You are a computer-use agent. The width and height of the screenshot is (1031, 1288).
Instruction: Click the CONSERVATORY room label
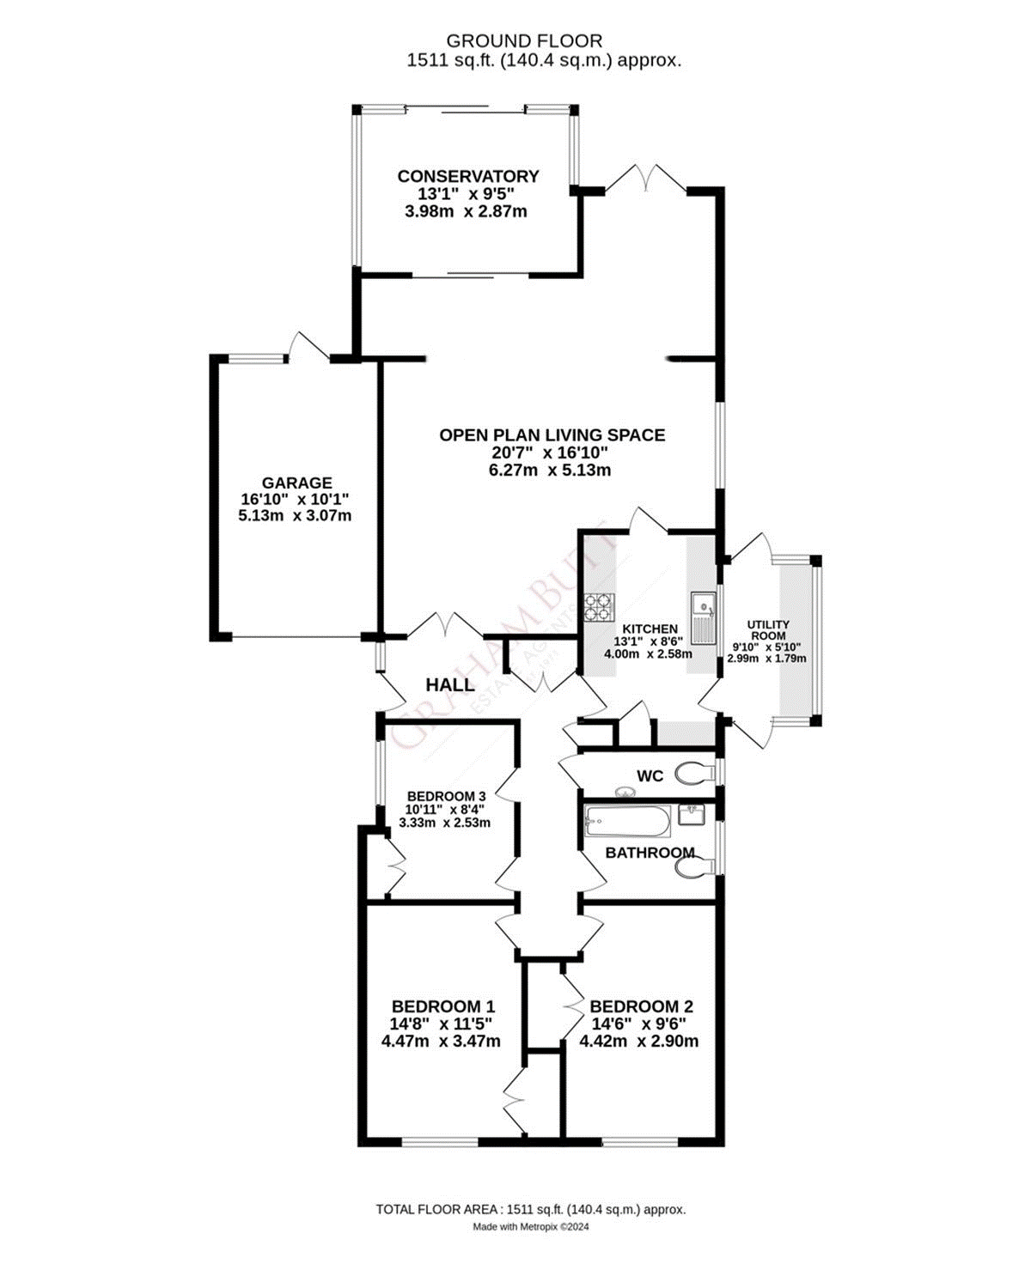click(467, 176)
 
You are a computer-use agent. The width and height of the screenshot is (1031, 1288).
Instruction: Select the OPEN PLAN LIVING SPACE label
click(552, 435)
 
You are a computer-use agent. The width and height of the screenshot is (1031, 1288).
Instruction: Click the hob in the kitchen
click(600, 607)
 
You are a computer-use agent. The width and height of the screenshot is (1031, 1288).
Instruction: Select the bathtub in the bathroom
click(627, 822)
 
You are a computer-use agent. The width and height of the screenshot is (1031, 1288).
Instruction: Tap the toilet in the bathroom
click(694, 869)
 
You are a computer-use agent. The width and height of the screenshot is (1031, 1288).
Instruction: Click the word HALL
click(450, 684)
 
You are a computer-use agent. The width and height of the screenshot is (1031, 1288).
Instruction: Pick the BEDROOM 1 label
click(442, 1006)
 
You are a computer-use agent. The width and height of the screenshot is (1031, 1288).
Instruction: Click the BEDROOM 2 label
click(641, 1006)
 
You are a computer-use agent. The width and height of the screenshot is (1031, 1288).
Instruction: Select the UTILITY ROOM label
click(767, 630)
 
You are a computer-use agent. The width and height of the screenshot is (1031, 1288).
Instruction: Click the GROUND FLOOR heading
click(524, 40)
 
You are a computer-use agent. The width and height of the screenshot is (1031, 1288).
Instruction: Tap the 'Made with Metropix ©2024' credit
click(530, 1227)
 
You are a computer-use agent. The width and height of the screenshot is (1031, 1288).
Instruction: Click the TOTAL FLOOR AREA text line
click(530, 1209)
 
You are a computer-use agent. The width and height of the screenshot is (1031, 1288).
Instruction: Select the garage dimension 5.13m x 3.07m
click(295, 516)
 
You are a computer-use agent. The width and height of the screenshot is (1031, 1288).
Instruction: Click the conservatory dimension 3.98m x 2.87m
click(466, 211)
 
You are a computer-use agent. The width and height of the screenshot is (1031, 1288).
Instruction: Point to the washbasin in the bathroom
click(692, 814)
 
